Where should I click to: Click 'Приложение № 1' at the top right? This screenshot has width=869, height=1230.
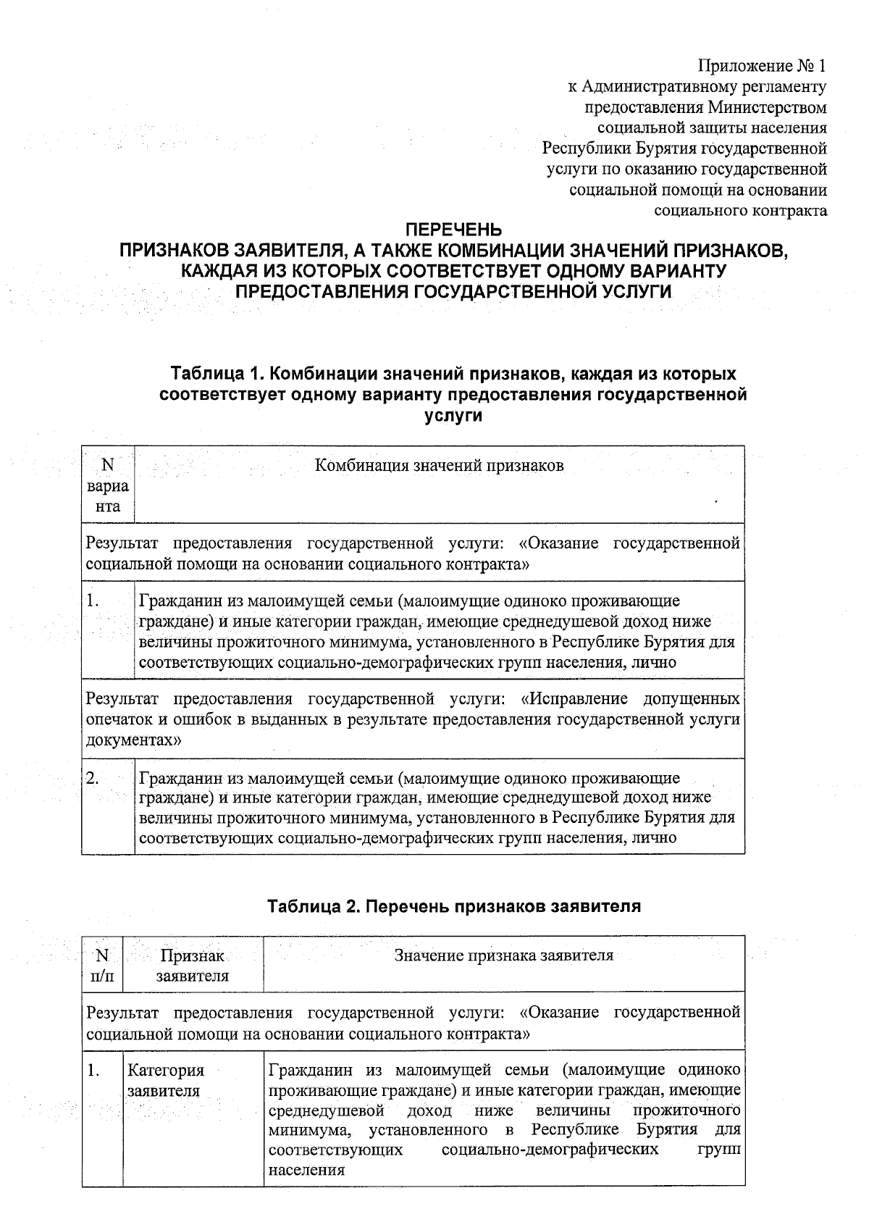click(761, 67)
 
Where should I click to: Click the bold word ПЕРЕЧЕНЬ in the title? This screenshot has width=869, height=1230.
click(453, 230)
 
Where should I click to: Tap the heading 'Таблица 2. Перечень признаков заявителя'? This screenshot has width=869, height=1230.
click(454, 906)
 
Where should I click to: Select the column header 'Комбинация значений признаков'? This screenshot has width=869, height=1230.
click(439, 465)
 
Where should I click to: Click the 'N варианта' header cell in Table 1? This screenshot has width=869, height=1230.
click(108, 485)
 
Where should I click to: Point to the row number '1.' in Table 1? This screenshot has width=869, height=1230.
click(93, 601)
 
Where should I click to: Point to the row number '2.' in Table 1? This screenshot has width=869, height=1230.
click(93, 779)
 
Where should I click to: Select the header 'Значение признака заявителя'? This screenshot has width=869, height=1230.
click(503, 955)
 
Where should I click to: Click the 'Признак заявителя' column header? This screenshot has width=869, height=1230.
click(193, 966)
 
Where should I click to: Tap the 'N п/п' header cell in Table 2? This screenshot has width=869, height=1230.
click(102, 966)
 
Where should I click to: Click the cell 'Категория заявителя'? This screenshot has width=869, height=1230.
click(166, 1080)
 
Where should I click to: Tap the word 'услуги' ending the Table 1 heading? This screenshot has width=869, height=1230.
click(452, 416)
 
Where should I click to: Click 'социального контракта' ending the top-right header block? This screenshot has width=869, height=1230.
click(740, 211)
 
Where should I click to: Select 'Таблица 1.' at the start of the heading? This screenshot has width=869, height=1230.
click(210, 375)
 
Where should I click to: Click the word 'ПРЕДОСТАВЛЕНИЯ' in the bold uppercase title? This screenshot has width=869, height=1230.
click(323, 291)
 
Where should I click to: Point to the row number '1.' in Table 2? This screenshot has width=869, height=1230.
click(93, 1070)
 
